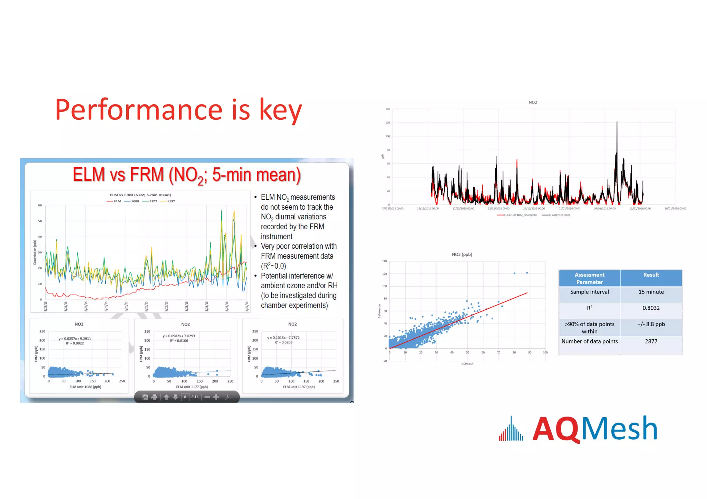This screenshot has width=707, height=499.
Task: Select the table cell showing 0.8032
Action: tap(651, 308)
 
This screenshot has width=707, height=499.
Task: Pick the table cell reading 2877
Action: tap(651, 341)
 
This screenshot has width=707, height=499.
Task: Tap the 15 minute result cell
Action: tap(651, 292)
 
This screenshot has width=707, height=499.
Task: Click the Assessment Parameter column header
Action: tap(589, 278)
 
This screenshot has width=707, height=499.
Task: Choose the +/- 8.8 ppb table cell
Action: tap(651, 324)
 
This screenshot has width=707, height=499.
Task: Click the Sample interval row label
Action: tap(589, 292)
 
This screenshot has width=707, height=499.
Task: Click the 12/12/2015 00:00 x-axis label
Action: tap(428, 209)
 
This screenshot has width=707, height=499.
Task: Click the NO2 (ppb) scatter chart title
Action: tap(462, 255)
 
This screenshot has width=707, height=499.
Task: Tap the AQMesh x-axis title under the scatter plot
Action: tap(467, 364)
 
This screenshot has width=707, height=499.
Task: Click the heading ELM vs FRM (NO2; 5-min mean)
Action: tap(187, 175)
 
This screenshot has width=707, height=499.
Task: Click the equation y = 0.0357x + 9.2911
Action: tap(75, 339)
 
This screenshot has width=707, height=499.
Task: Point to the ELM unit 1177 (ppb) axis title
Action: tap(192, 387)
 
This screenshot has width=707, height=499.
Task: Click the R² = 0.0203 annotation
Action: tap(283, 342)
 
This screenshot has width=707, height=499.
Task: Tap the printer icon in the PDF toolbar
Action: tap(154, 397)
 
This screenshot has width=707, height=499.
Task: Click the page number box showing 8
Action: tap(185, 397)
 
